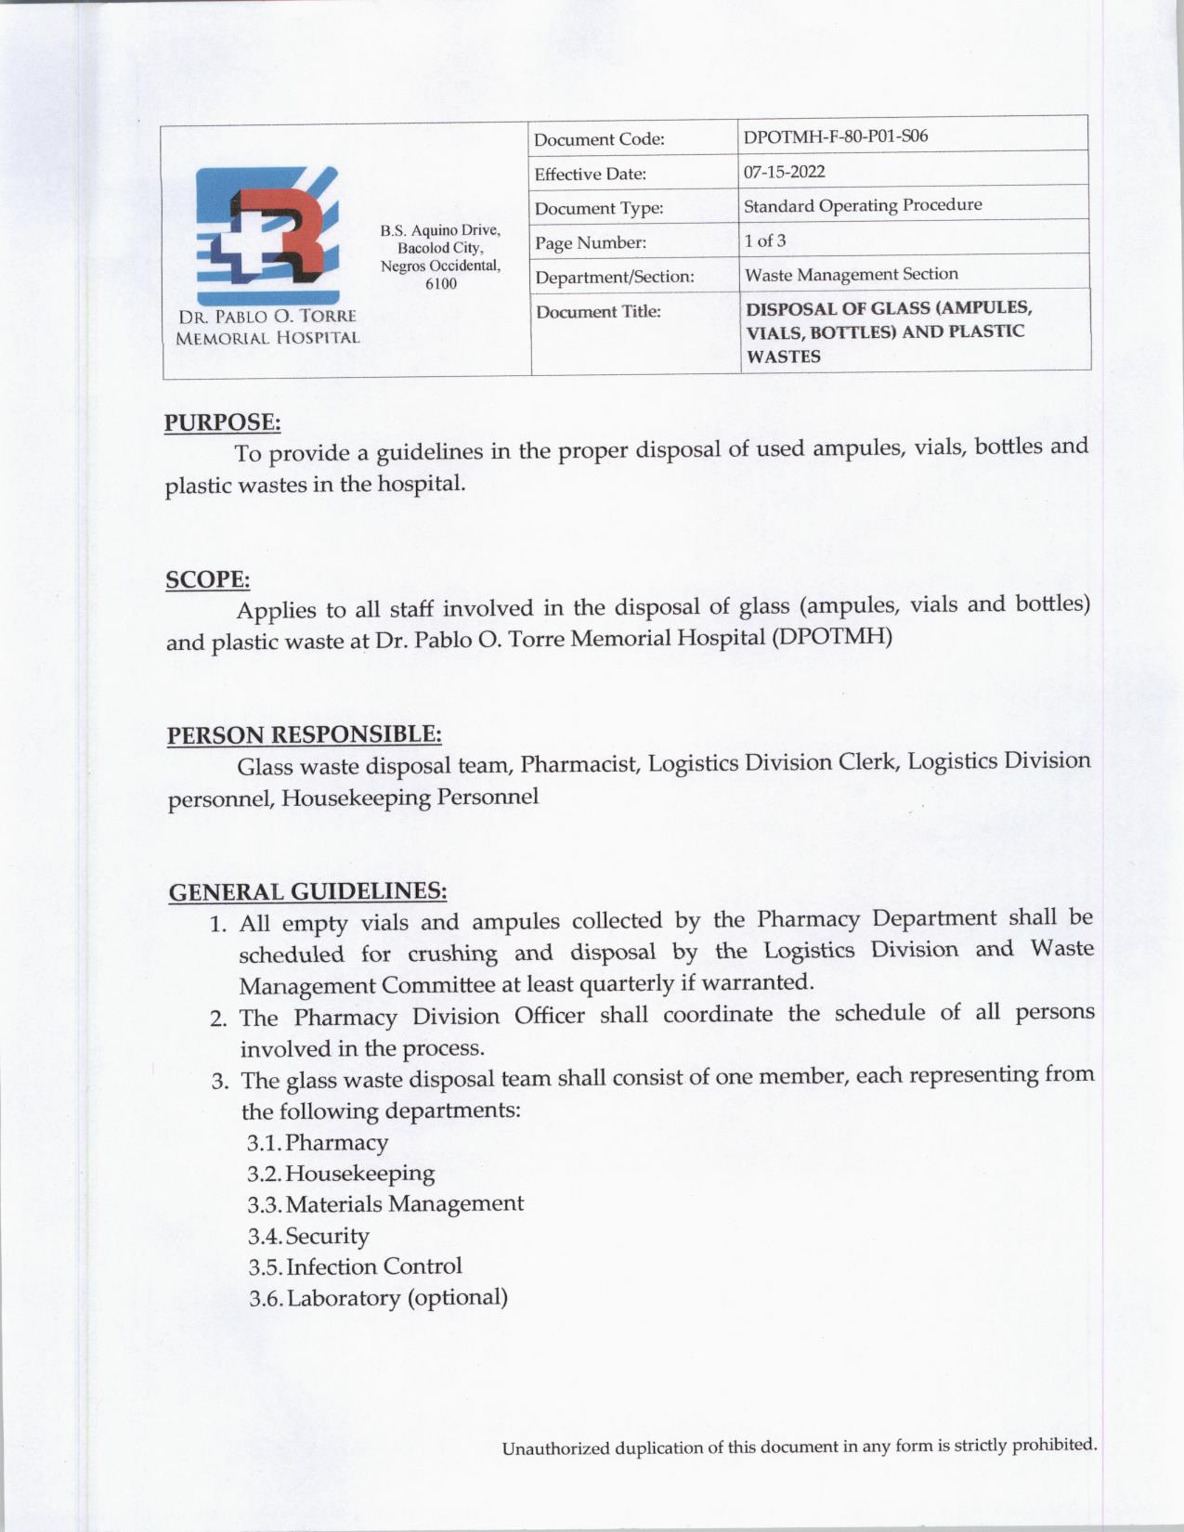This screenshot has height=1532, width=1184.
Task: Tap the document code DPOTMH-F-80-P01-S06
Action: (x=836, y=136)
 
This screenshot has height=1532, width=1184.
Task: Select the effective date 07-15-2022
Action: (x=784, y=172)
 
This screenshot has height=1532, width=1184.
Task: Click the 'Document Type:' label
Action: (x=599, y=208)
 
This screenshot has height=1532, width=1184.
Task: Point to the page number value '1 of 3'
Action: (x=764, y=240)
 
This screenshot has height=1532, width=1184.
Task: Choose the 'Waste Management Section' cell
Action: (x=851, y=274)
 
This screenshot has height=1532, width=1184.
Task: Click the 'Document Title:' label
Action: (x=598, y=311)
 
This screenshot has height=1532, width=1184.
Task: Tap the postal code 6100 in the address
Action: (x=440, y=284)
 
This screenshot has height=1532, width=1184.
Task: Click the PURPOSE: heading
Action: (x=222, y=422)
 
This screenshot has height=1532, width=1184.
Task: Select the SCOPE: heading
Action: (x=207, y=579)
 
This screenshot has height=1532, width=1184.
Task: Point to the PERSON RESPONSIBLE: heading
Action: (x=304, y=734)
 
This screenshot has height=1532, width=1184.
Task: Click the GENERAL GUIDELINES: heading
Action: (x=307, y=891)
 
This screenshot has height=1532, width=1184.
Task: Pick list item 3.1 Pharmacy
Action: (x=318, y=1142)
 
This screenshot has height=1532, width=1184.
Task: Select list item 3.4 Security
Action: (x=308, y=1236)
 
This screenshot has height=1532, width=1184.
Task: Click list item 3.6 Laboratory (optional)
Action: (x=378, y=1297)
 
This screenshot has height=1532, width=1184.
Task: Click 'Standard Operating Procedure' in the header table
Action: (x=863, y=205)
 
